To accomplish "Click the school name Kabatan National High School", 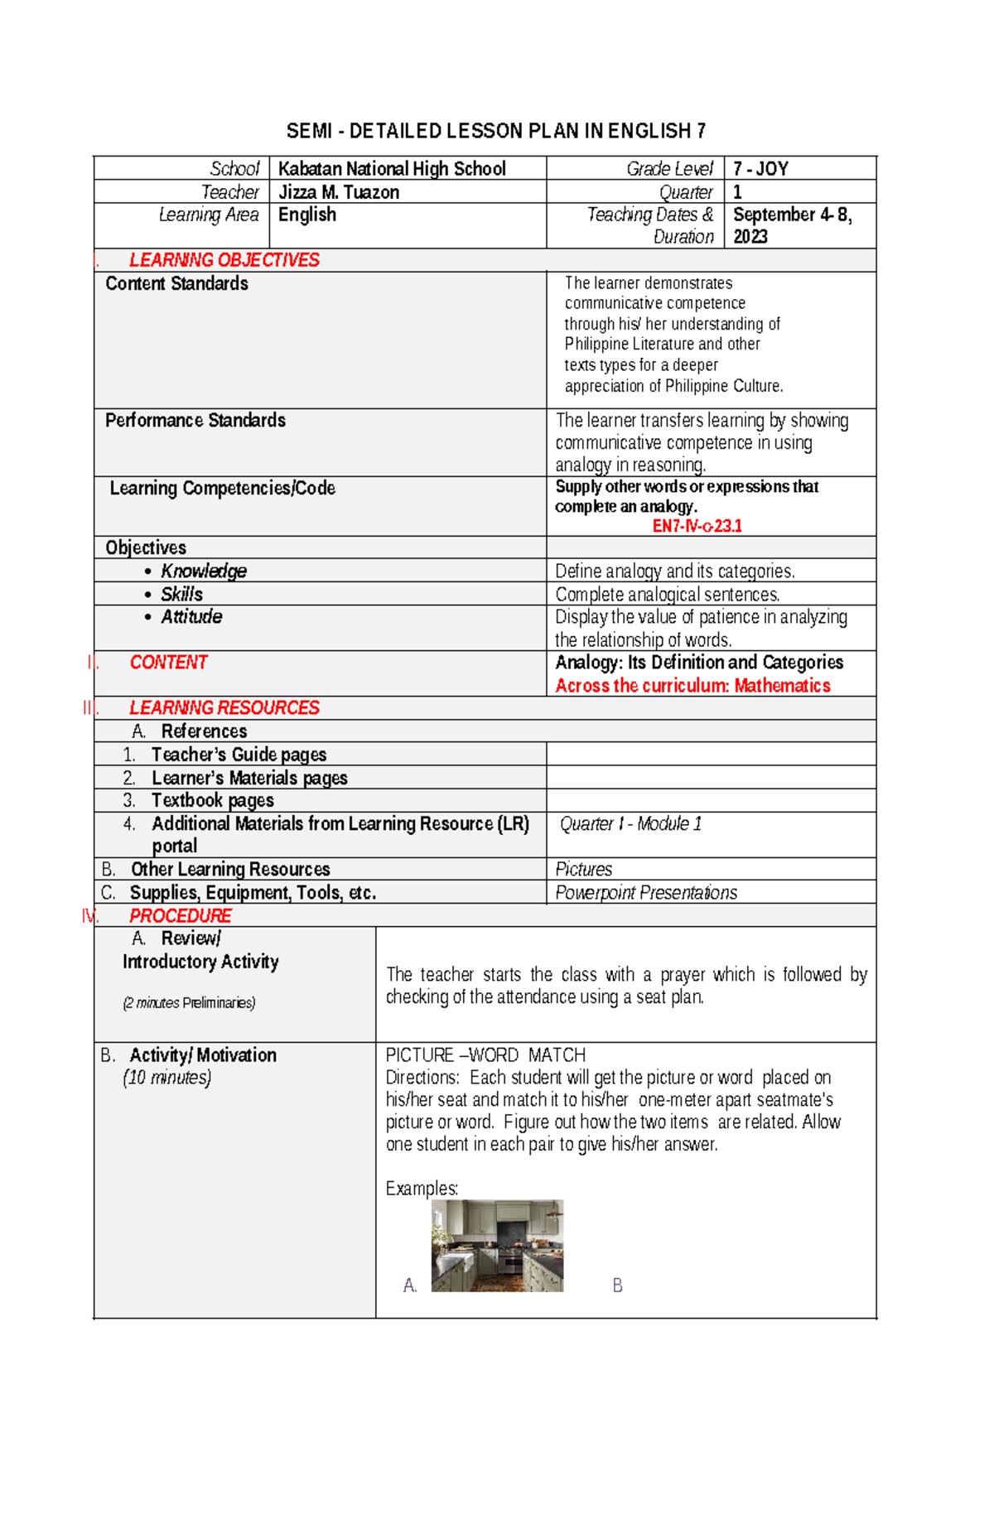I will click(392, 169).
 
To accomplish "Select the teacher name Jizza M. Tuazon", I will click(339, 192).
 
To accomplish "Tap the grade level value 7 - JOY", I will click(760, 169).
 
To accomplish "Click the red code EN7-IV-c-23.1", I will click(697, 526).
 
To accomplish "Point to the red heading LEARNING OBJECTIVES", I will click(224, 260).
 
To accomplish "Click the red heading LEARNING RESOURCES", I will click(224, 707).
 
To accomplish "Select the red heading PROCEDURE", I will click(180, 915).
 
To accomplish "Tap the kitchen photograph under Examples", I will click(497, 1245).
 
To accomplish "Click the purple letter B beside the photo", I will click(617, 1285).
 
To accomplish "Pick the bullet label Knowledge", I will click(203, 571).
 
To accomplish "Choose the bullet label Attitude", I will click(191, 616).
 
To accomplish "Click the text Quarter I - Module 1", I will click(630, 823).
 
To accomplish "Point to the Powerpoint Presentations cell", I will click(646, 892).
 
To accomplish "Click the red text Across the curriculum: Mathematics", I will click(692, 685).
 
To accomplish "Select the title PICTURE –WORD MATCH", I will click(485, 1054).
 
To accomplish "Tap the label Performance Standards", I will click(195, 420).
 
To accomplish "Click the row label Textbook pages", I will click(212, 800).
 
